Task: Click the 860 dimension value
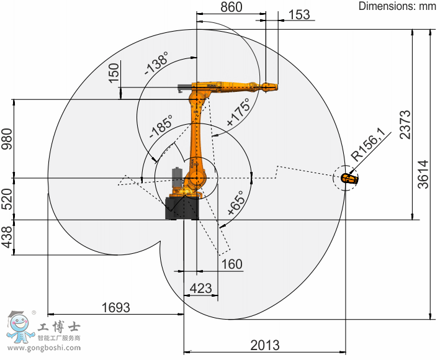coord(231,7)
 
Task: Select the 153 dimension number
coord(299,15)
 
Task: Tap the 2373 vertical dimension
coord(405,125)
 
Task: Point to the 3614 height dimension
coord(423,174)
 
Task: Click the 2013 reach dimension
coord(265,345)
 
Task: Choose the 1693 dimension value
coord(115,307)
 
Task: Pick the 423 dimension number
coord(200,289)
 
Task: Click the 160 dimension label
coord(232,264)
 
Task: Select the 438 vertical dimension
coord(7,237)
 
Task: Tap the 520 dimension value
coord(7,199)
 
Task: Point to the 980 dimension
coord(7,139)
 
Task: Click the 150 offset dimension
coord(114,73)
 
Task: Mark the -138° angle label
coord(156,63)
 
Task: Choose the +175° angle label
coord(238,112)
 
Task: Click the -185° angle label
coord(161,127)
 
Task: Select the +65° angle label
coord(235,202)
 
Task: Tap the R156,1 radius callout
coord(367,148)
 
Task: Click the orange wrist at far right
coord(349,178)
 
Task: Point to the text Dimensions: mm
coord(397,6)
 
